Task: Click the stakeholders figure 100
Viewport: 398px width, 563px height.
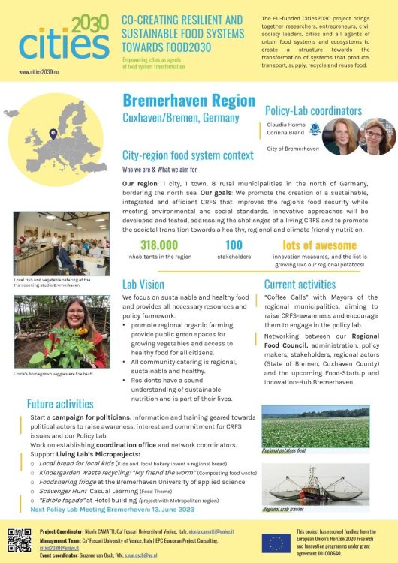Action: (x=233, y=245)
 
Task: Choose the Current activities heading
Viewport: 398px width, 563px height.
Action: (x=300, y=285)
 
